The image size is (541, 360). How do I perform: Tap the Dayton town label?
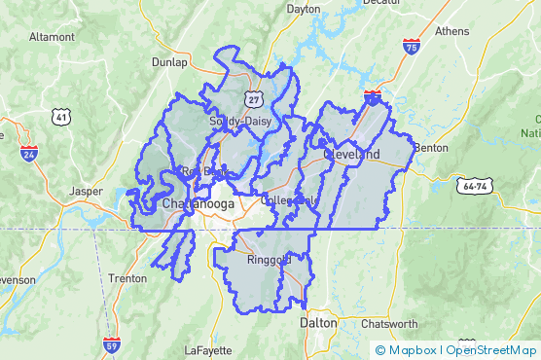coord(304,8)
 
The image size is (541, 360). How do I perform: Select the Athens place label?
coord(451,30)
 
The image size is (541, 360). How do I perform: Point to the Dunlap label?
coord(170,61)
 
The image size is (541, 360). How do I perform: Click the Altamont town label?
coord(52,36)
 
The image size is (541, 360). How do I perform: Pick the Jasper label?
coord(86,192)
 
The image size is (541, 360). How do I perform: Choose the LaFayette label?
coord(207,349)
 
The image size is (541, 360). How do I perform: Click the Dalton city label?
coord(318,322)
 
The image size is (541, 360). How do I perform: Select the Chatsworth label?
coord(389,324)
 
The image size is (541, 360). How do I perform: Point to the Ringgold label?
coord(270,261)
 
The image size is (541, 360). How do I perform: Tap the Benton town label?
coord(430,148)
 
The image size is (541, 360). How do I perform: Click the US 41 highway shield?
coord(62,118)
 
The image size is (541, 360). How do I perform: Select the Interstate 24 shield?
coord(28,153)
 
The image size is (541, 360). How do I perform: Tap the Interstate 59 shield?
coord(111,345)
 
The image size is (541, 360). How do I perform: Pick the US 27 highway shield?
coord(254,99)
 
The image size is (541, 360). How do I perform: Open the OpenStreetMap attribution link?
coord(492,350)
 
